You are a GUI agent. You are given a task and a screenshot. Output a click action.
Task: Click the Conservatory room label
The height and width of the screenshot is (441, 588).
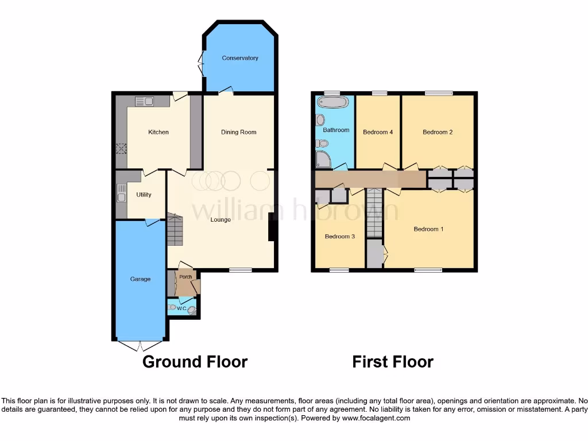point(240,58)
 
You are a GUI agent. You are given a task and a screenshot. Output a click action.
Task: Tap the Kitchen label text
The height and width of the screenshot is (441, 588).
point(158,132)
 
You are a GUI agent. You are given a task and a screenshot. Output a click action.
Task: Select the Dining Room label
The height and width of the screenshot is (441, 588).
point(239,132)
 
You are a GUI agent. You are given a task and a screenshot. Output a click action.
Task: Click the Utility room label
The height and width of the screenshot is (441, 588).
point(144,195)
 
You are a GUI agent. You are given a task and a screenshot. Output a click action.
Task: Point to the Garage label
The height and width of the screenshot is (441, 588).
point(140,279)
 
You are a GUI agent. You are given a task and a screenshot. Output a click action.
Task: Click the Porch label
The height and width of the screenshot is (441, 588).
point(185,277)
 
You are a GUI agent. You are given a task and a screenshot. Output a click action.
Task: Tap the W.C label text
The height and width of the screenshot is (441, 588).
point(181,309)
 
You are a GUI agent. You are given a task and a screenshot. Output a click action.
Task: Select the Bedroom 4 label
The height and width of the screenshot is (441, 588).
point(378,132)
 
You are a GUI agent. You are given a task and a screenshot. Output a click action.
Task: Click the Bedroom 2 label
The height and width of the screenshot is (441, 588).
point(438,132)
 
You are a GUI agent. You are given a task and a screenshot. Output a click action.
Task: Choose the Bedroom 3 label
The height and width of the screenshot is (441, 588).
point(340,237)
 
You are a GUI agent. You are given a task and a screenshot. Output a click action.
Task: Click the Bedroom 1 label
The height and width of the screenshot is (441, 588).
point(429,229)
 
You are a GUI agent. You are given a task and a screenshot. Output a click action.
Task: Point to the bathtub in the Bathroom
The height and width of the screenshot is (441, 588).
point(332,102)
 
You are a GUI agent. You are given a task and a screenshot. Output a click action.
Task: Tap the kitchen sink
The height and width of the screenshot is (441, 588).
point(144,102)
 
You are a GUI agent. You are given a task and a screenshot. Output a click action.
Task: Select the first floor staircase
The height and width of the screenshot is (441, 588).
point(374,213)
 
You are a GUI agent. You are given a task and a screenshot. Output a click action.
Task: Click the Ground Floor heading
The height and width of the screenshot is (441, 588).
point(195,362)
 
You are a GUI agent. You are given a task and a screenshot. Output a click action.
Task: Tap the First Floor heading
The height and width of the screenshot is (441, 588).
point(393,362)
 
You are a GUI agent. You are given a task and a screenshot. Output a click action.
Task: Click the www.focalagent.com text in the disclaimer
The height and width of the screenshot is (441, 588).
point(376,419)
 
